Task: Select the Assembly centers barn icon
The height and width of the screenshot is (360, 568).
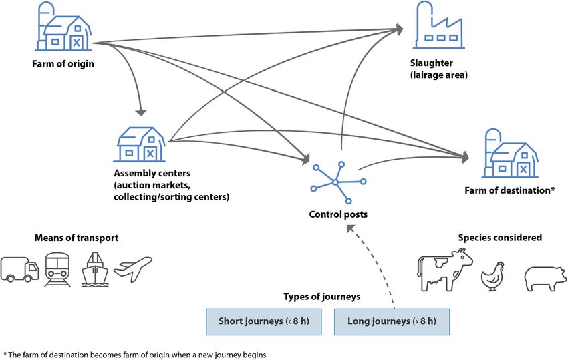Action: click(141, 143)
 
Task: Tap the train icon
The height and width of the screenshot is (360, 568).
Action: click(57, 269)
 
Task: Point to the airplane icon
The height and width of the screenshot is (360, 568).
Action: click(132, 267)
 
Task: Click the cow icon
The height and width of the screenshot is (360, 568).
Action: click(444, 268)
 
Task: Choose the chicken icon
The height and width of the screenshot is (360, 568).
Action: click(494, 275)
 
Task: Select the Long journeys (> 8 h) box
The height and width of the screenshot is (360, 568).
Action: click(391, 321)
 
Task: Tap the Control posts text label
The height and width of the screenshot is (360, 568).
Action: click(337, 214)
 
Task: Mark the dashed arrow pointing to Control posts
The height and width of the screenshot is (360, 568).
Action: click(374, 267)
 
